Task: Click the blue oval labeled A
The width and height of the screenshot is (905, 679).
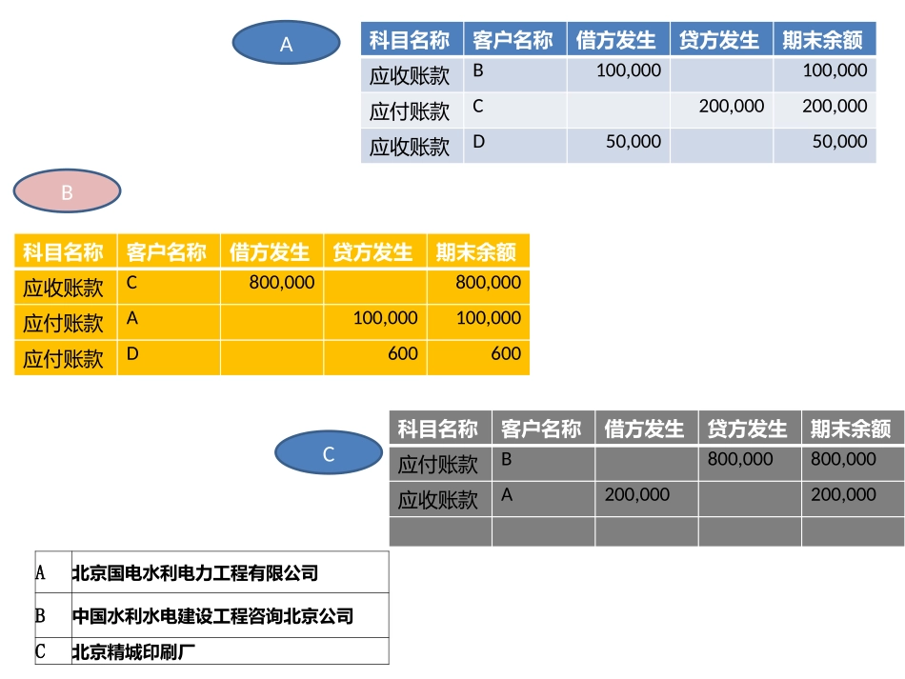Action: coord(287,43)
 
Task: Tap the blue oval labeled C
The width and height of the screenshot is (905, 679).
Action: coord(329,454)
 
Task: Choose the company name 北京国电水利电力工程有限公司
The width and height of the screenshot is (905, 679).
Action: coord(195,573)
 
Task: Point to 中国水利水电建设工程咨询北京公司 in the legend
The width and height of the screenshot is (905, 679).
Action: coord(212,616)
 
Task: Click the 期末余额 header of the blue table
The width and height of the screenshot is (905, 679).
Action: coord(823,40)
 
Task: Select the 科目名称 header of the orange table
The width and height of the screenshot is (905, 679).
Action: coord(64,252)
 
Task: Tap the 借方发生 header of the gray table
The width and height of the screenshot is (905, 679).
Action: coord(645,429)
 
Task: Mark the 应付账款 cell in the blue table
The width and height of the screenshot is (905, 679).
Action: coord(410,111)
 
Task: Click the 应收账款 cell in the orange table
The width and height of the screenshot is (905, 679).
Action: coord(64,288)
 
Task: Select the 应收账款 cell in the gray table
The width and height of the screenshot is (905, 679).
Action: coord(438,500)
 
